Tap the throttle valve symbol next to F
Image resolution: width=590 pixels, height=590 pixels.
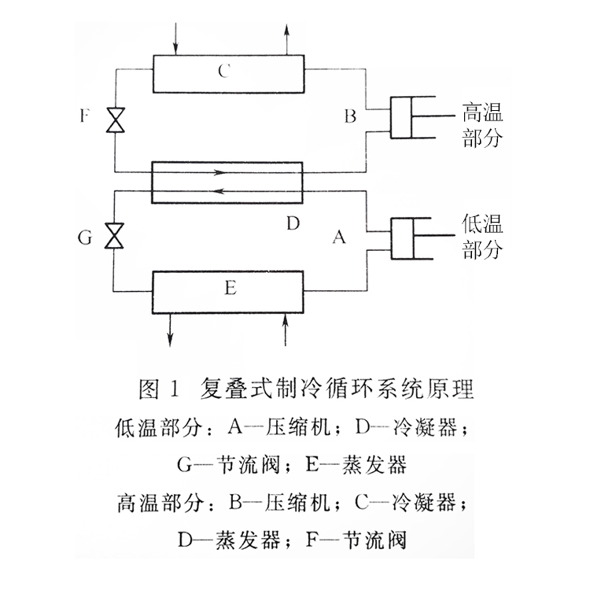tap(116, 120)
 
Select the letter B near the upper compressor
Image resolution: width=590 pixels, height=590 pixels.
tap(350, 116)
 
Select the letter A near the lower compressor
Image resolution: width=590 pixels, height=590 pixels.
tap(339, 236)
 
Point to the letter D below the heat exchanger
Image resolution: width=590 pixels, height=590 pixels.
tap(293, 224)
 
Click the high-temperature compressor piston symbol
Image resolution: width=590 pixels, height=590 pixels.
tap(411, 116)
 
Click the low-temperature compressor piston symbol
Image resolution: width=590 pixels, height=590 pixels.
tap(411, 237)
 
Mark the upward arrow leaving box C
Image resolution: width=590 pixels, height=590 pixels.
tap(286, 38)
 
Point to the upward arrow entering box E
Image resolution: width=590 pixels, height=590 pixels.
tap(286, 329)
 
